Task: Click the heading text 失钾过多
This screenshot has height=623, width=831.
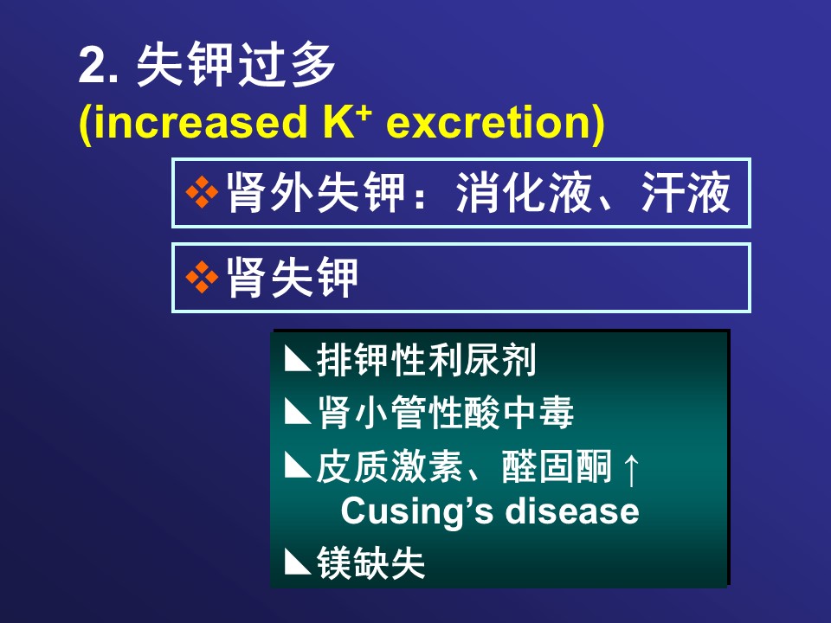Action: point(235,65)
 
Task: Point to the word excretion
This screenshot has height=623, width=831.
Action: point(490,122)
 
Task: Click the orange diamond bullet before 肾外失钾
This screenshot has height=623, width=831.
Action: point(202,192)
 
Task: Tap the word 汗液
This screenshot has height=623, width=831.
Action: point(686,192)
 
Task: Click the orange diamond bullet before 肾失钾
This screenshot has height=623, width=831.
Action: point(202,277)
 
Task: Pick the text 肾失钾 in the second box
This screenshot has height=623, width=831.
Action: point(293,277)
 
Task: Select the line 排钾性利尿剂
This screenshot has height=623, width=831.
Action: point(426,360)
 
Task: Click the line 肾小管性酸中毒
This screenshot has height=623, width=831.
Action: point(445,413)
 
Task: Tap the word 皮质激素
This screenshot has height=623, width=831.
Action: point(390,466)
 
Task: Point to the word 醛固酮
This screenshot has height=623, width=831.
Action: point(557,466)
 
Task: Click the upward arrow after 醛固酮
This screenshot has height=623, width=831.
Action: point(631,468)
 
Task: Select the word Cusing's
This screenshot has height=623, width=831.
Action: point(416,511)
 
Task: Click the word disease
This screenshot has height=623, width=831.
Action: point(572,511)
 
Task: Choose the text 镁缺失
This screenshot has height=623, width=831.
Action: point(371,562)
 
